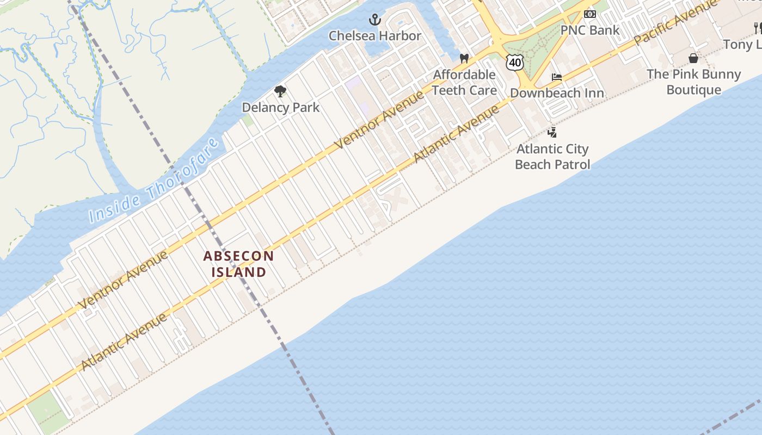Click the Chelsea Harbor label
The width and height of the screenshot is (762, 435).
[x=374, y=36]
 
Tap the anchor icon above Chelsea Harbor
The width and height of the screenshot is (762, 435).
[x=374, y=21]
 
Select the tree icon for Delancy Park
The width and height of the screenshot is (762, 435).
[x=280, y=91]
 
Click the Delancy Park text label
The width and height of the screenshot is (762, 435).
[x=280, y=107]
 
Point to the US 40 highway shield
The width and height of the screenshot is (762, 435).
[x=514, y=63]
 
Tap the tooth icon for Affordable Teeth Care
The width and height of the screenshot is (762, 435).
[x=464, y=58]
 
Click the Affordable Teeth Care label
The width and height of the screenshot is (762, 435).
[x=464, y=82]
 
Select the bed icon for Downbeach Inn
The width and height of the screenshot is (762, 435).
[x=556, y=77]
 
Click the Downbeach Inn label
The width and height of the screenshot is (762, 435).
[x=557, y=93]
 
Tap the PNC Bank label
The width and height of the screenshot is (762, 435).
[x=590, y=30]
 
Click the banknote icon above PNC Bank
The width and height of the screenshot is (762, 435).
[x=590, y=14]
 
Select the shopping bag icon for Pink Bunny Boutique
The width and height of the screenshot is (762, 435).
[x=693, y=58]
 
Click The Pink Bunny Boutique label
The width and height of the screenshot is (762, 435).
[x=693, y=82]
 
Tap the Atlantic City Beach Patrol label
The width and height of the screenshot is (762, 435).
[x=552, y=156]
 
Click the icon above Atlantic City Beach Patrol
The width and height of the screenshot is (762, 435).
[x=552, y=132]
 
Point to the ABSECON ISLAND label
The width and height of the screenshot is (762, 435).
[x=238, y=264]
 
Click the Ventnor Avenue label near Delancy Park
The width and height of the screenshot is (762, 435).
[x=379, y=120]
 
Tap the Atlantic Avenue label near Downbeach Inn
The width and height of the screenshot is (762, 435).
[x=456, y=134]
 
